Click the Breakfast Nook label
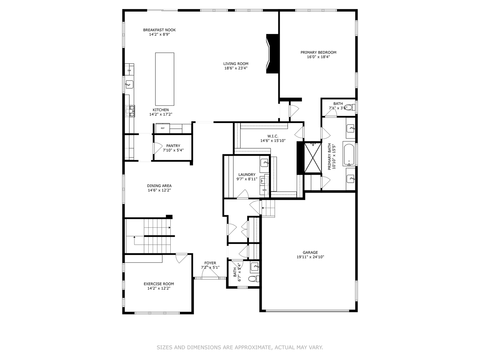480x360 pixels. click(159, 30)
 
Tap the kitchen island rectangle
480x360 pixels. click(165, 79)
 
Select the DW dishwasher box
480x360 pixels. click(129, 70)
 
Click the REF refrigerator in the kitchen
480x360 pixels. click(163, 128)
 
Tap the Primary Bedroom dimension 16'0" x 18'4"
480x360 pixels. click(318, 57)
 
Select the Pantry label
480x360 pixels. click(173, 146)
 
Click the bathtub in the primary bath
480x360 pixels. click(349, 154)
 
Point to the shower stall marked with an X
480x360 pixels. click(313, 158)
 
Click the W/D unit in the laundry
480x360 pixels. click(264, 190)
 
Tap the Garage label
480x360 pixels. click(310, 252)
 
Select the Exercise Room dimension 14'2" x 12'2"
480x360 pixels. click(159, 288)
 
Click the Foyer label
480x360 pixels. click(210, 263)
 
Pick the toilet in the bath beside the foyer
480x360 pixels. click(253, 279)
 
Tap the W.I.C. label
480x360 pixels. click(273, 136)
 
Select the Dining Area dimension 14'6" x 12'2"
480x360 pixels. click(159, 190)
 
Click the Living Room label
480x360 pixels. click(236, 64)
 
